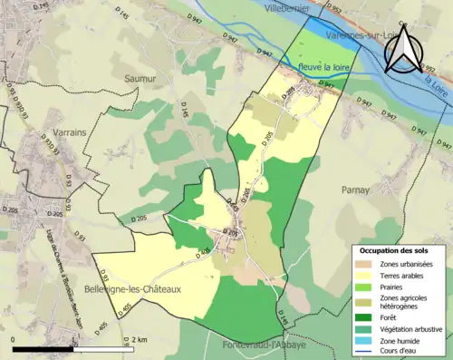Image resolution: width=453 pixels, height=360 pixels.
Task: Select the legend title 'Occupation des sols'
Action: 396,250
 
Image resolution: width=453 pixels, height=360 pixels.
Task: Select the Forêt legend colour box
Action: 363,316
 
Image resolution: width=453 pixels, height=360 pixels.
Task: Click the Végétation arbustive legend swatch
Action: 363,328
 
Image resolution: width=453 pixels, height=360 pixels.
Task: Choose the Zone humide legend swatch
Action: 363,340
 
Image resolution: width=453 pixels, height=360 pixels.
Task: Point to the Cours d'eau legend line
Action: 363,352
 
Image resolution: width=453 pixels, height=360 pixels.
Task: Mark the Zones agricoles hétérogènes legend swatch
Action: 363,301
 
